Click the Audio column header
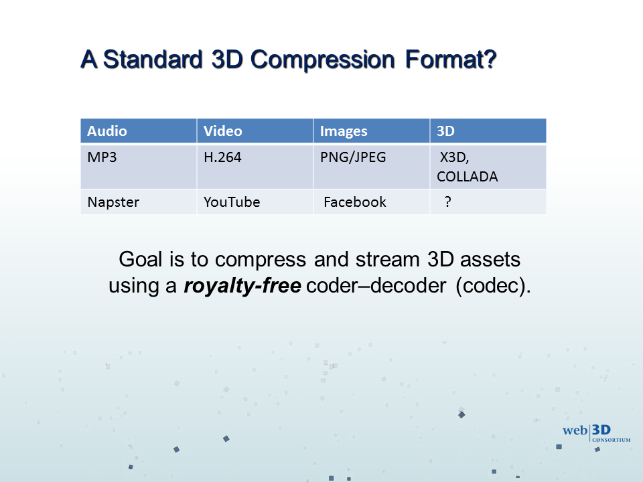coord(138,131)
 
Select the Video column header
coord(255,131)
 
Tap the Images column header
coord(372,131)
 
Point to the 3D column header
coord(488,131)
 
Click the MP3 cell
coord(138,167)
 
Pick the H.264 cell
coord(255,167)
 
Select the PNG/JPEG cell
coord(372,167)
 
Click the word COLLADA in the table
coord(467,177)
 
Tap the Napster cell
coord(138,202)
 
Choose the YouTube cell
coord(255,202)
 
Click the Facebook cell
coord(372,202)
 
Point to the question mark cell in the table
coord(488,202)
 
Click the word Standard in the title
coord(153,60)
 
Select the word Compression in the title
coord(322,60)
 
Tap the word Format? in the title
coord(451,60)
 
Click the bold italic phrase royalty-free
coord(242,286)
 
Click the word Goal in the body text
coord(141,260)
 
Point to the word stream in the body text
coord(388,260)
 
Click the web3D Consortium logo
coord(596,433)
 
